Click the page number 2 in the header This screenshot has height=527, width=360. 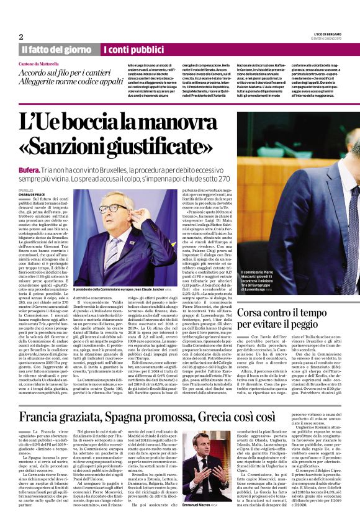tap(21, 36)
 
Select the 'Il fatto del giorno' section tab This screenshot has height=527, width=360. tap(57, 49)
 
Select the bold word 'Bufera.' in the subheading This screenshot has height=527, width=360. tap(29, 169)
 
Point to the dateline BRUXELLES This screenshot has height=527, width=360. tap(27, 191)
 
